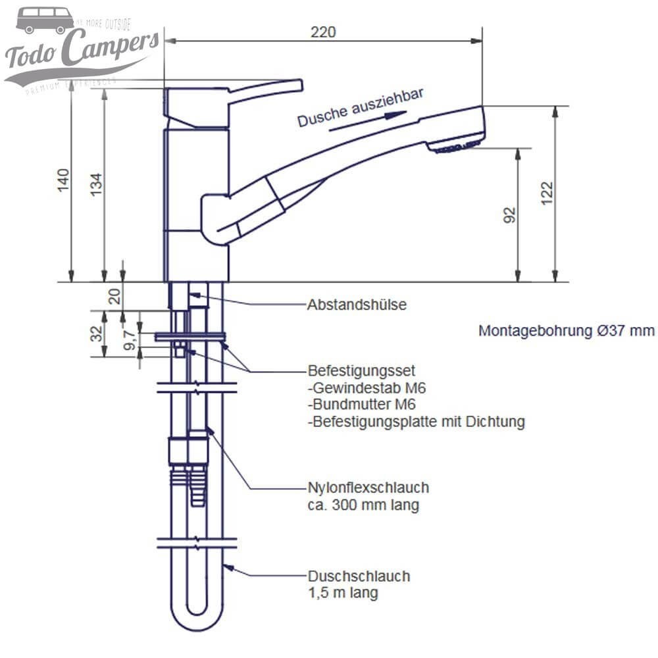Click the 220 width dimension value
(324, 32)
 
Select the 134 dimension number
(96, 185)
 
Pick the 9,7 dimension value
(130, 340)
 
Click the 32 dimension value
(97, 334)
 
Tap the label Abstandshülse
(357, 305)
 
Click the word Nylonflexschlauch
(368, 488)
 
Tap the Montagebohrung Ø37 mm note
(566, 330)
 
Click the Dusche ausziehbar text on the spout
(359, 108)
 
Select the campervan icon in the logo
(45, 20)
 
